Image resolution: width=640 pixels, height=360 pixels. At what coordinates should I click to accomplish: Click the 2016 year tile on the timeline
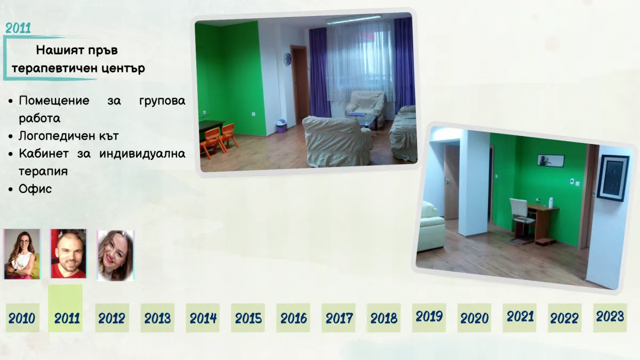tap(293, 318)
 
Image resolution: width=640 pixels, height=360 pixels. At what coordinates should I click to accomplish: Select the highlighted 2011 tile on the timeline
tap(66, 308)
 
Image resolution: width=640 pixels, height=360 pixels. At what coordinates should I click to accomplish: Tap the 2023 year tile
tap(610, 318)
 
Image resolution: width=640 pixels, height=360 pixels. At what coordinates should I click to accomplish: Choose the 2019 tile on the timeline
tap(429, 318)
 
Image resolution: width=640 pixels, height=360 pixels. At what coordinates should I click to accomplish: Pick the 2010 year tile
tap(22, 318)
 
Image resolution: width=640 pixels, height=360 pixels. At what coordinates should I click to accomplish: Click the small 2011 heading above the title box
tap(18, 28)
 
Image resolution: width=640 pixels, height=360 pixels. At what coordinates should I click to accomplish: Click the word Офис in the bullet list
tap(35, 189)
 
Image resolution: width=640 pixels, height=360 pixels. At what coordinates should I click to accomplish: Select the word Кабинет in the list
tap(44, 154)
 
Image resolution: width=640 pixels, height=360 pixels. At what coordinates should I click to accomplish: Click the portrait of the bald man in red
tap(69, 254)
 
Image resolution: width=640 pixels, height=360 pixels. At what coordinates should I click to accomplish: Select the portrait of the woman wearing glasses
tap(22, 254)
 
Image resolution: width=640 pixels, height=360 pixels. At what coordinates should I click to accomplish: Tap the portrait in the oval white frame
tap(115, 255)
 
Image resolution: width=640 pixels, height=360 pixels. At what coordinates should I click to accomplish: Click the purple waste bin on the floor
tap(282, 126)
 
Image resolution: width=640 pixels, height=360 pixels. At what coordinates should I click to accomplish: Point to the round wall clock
tap(287, 59)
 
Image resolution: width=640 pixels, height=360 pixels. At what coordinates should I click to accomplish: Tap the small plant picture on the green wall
tap(550, 161)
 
